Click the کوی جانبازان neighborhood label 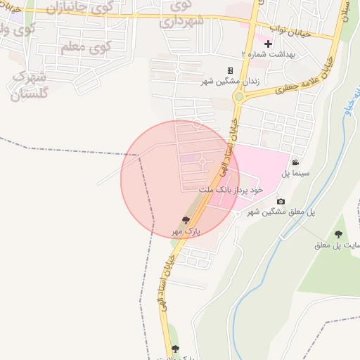(78, 9)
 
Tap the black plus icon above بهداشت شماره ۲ (268, 44)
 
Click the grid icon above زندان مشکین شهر (230, 70)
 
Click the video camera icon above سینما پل (295, 162)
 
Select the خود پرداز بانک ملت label (231, 190)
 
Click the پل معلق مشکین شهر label (281, 212)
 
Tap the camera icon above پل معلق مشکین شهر (281, 202)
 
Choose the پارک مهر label (186, 231)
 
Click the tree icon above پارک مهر (186, 220)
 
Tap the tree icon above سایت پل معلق (338, 234)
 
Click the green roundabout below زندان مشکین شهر (239, 96)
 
